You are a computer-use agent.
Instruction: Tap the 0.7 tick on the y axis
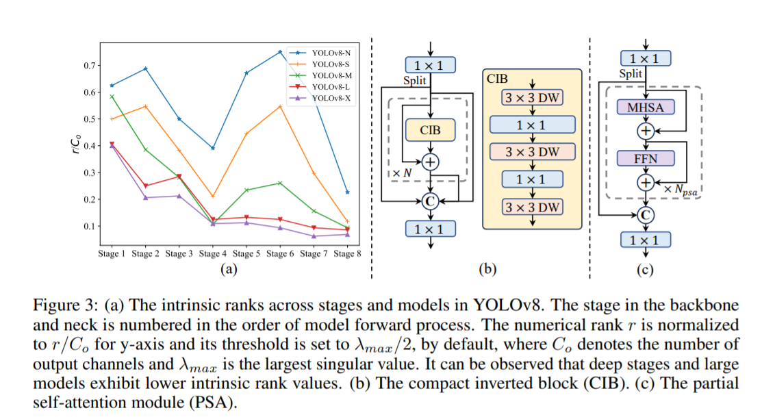89,66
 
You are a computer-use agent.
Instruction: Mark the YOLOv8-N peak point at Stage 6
279,52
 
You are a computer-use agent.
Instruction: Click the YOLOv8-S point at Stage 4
212,197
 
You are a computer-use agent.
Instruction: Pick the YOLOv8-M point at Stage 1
112,97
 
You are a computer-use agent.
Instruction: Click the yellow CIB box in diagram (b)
429,128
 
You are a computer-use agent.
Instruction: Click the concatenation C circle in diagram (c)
645,215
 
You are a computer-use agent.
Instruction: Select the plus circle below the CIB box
430,162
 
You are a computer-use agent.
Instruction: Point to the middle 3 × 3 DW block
532,151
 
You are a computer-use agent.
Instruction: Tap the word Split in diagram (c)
631,75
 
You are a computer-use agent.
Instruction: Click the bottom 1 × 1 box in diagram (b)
429,229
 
